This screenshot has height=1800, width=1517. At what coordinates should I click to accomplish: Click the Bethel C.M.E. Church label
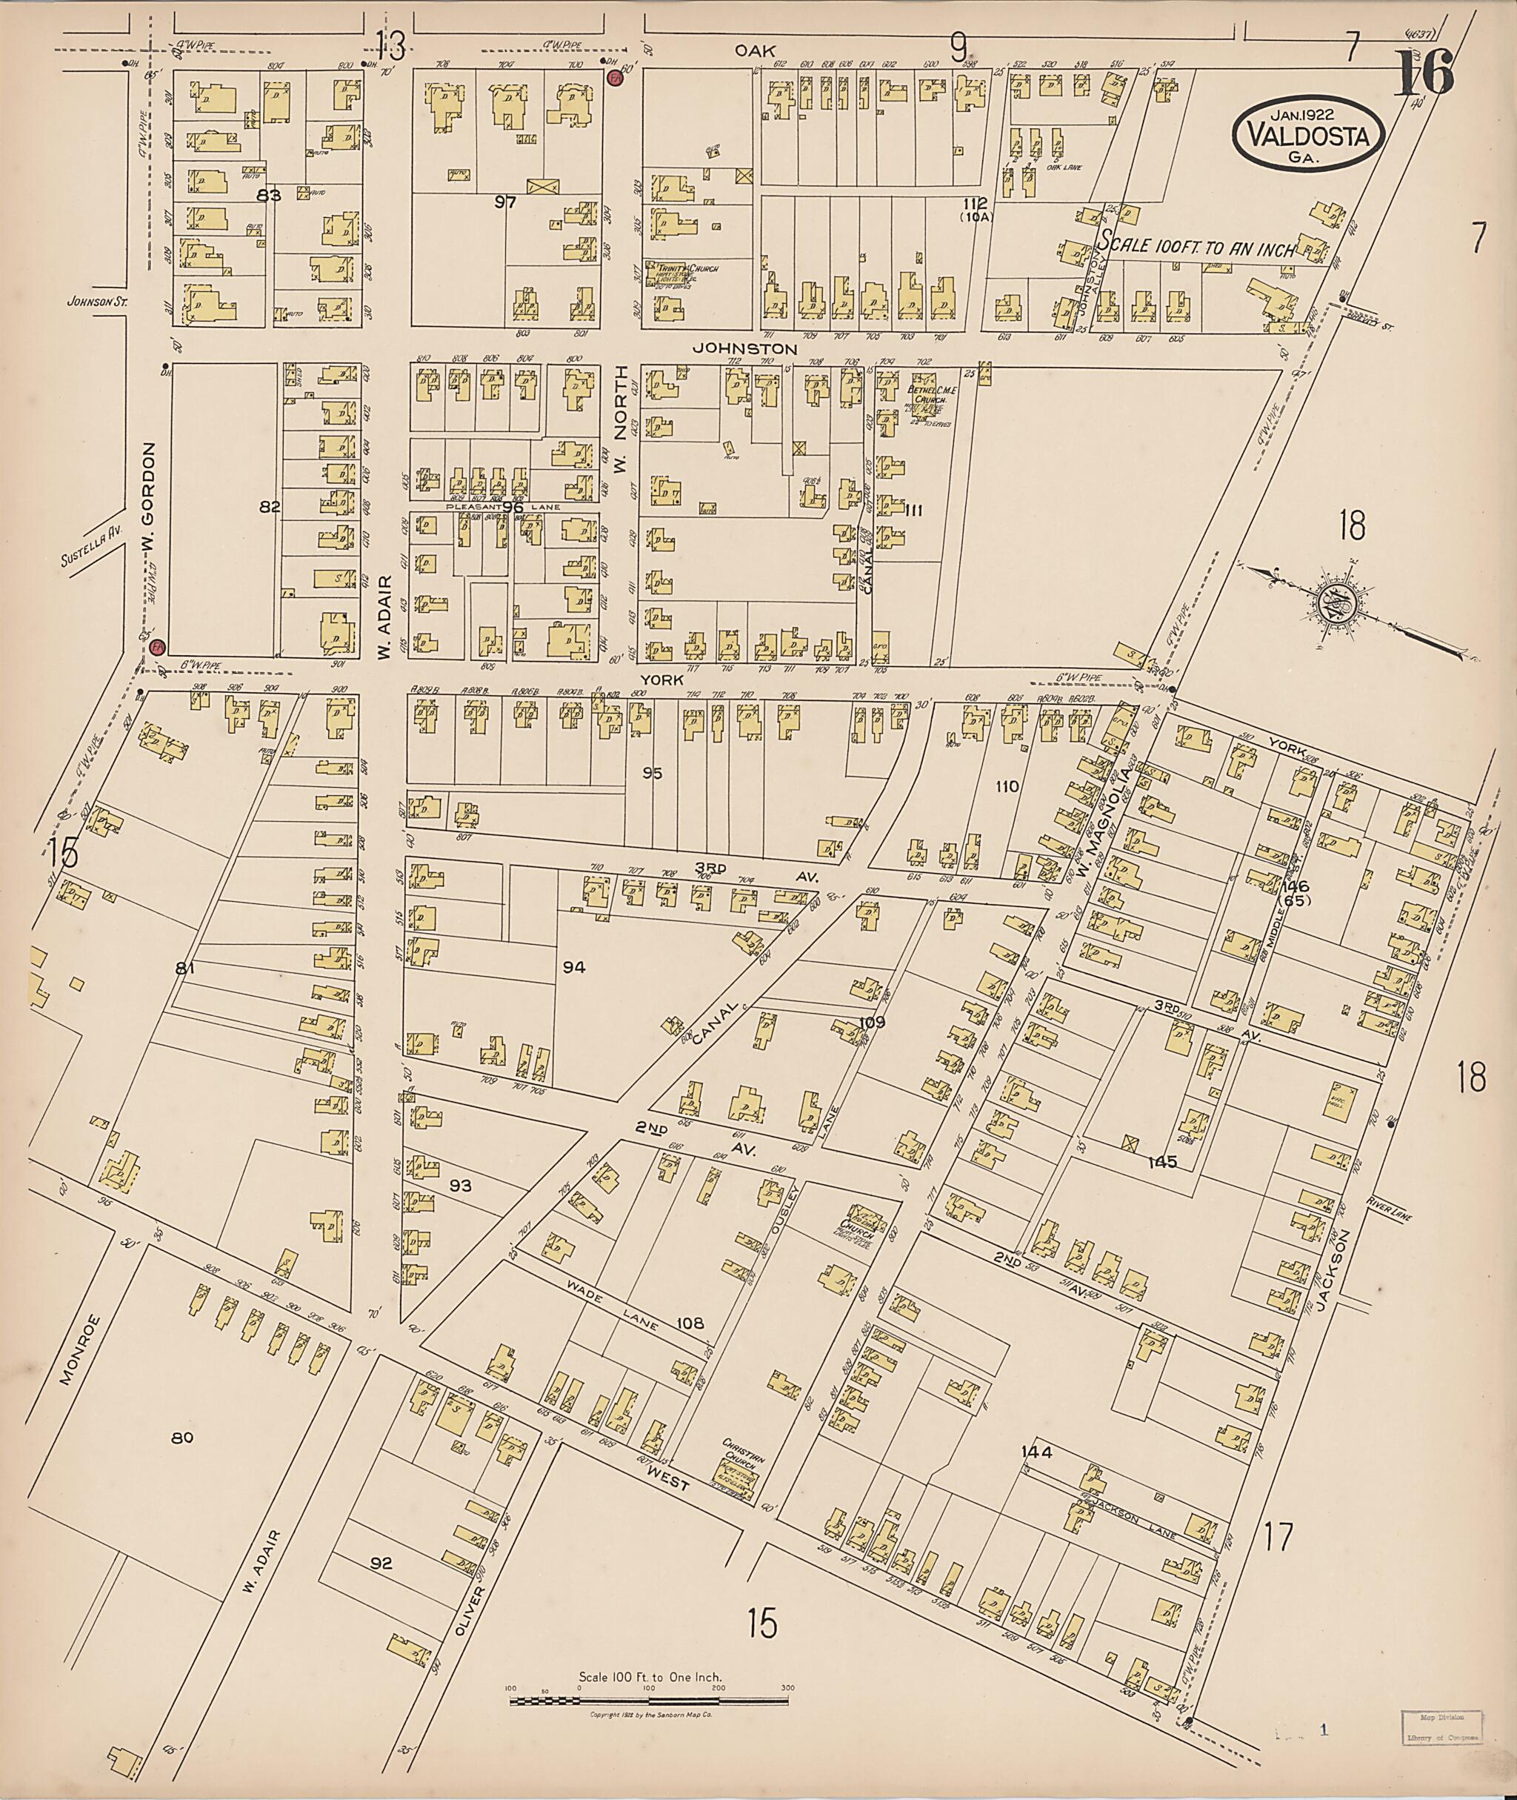click(x=927, y=396)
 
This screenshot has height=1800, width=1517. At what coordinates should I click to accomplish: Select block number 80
click(x=181, y=1437)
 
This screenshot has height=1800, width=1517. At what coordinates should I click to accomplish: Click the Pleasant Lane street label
click(x=502, y=508)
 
